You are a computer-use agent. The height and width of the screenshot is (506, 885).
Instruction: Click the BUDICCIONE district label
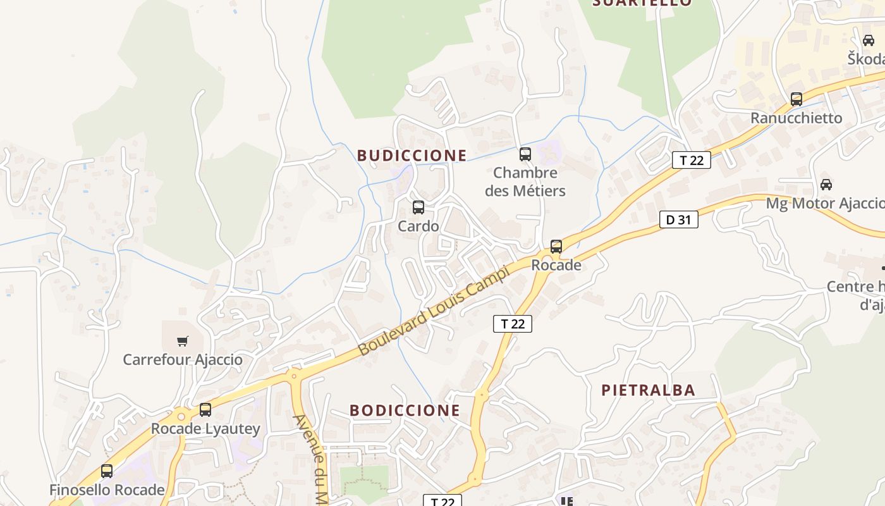tap(412, 156)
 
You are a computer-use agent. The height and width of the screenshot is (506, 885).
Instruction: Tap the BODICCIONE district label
tap(405, 410)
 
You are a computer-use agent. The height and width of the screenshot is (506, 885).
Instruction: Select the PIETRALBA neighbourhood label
tap(648, 390)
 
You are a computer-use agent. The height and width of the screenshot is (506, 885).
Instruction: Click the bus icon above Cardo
tap(418, 207)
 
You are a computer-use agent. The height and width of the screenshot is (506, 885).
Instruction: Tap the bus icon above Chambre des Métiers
tap(525, 154)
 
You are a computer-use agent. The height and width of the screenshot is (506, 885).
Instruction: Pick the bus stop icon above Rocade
tap(556, 247)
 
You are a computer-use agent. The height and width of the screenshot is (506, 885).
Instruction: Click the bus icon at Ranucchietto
tap(796, 99)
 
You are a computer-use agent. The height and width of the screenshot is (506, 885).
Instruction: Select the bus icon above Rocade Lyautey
tap(205, 410)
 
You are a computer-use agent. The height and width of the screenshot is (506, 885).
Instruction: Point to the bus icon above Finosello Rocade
tap(107, 471)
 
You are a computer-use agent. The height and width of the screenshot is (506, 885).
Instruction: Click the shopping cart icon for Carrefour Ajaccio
tap(183, 342)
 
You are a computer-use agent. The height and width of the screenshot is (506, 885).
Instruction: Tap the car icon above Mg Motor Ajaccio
tap(826, 185)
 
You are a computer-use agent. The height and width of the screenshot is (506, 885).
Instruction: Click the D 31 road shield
tap(678, 219)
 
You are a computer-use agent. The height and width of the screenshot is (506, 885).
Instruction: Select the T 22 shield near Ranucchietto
tap(691, 160)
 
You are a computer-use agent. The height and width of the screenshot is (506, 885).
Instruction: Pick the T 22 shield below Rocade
tap(512, 324)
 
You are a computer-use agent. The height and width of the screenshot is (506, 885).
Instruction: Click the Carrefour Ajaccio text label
tap(183, 360)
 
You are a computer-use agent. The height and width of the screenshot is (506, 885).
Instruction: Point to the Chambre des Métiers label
tap(525, 182)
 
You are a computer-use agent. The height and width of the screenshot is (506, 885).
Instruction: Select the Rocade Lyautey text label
tap(205, 429)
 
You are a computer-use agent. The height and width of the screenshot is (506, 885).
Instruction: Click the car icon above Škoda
tap(868, 40)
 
